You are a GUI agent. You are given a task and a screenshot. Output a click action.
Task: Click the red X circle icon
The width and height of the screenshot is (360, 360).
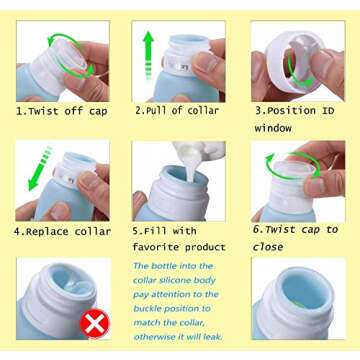click(94, 322)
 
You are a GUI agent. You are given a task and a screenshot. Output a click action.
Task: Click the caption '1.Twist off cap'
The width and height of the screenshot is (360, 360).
click(61, 111)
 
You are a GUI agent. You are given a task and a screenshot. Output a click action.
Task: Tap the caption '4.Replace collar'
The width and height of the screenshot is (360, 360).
click(62, 230)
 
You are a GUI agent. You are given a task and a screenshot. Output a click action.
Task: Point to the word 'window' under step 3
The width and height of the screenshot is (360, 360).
click(274, 128)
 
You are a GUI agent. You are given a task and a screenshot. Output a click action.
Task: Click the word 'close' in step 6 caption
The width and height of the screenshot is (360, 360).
click(268, 247)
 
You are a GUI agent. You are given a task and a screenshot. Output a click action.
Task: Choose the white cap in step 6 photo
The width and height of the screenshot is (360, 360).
click(296, 170)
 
